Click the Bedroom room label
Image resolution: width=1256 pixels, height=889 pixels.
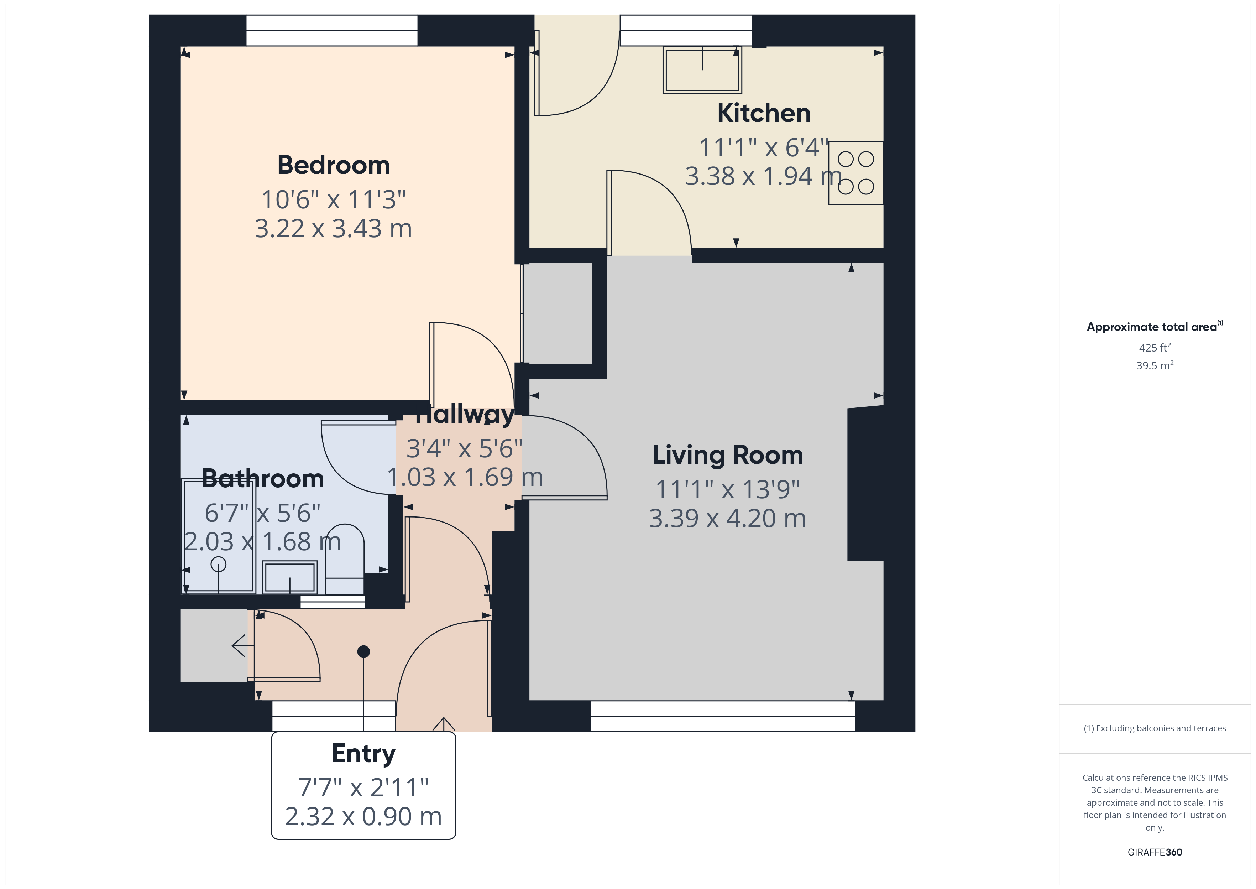click(x=333, y=165)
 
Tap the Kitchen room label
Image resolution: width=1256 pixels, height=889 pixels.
click(x=764, y=113)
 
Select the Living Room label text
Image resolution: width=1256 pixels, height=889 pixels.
click(x=728, y=456)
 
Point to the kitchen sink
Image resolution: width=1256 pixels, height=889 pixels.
click(x=702, y=70)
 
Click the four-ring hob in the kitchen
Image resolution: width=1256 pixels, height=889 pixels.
click(x=855, y=173)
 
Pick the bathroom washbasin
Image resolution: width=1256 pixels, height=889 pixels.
click(x=290, y=577)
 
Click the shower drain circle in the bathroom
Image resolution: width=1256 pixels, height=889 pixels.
click(x=218, y=564)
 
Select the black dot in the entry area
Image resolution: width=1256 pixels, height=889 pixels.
click(x=364, y=651)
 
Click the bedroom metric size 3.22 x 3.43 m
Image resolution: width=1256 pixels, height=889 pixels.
click(x=333, y=228)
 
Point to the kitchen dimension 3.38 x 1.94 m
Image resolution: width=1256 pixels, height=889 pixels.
click(x=764, y=176)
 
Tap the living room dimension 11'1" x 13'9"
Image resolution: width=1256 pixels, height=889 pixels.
click(x=728, y=489)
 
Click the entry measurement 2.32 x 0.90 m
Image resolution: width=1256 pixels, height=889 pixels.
click(x=363, y=817)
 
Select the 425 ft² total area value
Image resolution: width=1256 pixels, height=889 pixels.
click(x=1155, y=348)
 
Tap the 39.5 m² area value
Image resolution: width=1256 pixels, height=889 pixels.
click(x=1155, y=366)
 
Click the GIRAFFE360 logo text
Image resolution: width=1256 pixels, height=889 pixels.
click(x=1155, y=852)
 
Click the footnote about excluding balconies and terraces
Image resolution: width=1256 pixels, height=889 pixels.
click(x=1155, y=728)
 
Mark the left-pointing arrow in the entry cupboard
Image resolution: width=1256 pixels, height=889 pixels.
click(x=243, y=646)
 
